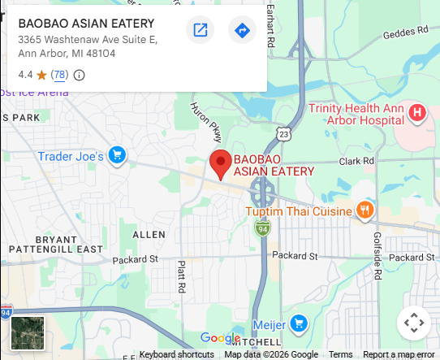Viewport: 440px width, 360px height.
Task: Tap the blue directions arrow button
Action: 242,31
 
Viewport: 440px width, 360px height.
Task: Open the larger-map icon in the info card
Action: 200,31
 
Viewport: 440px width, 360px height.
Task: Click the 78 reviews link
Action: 58,75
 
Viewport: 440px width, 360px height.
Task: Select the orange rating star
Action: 41,75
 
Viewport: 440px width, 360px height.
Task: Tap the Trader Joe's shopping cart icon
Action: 117,154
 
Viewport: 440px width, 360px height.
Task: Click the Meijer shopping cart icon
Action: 298,323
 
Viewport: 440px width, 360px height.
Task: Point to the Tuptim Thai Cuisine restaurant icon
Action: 365,211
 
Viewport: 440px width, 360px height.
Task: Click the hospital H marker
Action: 417,112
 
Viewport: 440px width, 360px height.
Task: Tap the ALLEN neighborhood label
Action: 149,234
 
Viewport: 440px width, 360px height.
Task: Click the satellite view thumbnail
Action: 28,333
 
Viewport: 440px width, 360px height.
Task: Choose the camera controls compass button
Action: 414,323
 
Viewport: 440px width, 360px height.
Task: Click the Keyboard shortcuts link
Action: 177,354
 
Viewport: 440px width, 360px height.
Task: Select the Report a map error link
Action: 399,354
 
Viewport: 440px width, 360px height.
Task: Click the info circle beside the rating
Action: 80,75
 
